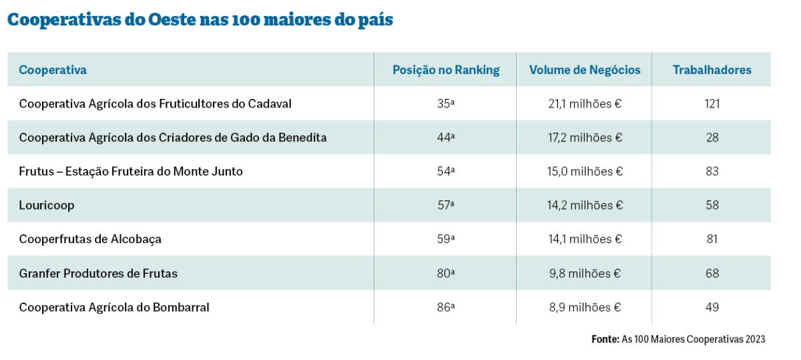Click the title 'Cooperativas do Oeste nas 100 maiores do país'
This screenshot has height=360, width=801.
coord(200,20)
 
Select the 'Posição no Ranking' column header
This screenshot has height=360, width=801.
coord(445,70)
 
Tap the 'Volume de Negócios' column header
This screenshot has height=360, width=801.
coord(585,70)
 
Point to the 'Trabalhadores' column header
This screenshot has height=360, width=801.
coord(712,70)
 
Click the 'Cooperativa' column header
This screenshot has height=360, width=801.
coord(53,70)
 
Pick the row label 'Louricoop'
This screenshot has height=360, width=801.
coord(47,205)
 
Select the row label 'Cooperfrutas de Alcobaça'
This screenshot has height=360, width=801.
coord(90,239)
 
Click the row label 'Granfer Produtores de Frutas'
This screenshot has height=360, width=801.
coord(98,273)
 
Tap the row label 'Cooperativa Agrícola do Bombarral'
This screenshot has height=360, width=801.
coord(114,307)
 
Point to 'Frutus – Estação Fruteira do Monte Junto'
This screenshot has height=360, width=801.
coord(131,171)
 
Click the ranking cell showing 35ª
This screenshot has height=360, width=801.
coord(445,104)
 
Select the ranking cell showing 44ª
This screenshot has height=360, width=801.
coord(445,137)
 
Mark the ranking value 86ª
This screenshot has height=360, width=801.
coord(445,307)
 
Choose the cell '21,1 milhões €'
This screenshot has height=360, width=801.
coord(585,104)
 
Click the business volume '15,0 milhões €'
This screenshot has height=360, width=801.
coord(585,171)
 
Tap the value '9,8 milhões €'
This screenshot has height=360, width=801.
coord(585,273)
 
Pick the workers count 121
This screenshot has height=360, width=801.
coord(712,104)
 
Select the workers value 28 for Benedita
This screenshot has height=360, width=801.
coord(712,137)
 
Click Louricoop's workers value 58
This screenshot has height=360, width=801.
coord(712,205)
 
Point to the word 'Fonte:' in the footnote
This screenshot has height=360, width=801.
coord(605,339)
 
